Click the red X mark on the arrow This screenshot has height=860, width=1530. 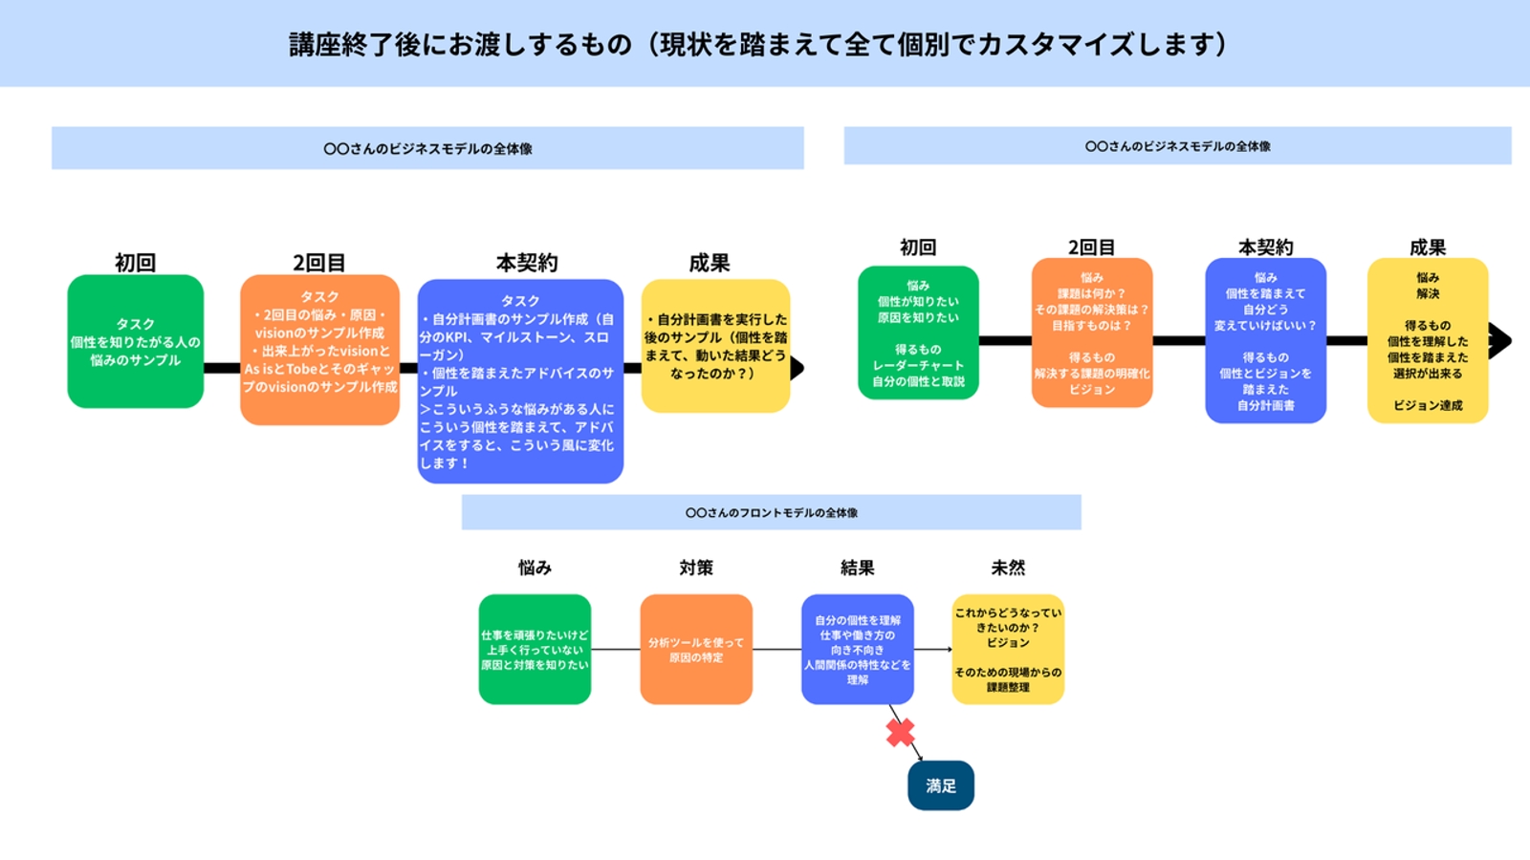click(900, 733)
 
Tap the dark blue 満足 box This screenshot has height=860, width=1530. click(940, 785)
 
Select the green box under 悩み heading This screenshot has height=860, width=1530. click(535, 650)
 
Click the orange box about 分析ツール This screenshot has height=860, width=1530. click(696, 650)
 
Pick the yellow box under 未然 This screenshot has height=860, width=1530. click(1008, 650)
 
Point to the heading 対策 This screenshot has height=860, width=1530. click(696, 568)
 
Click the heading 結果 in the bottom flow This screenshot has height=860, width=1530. click(857, 568)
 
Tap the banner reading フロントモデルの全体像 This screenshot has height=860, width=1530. click(771, 512)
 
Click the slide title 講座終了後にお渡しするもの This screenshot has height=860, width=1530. click(757, 44)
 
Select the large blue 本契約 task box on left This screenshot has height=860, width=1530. click(520, 381)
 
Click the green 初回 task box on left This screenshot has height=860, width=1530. click(135, 342)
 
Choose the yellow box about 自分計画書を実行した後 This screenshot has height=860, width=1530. click(715, 346)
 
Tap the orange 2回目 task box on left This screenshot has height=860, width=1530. click(319, 350)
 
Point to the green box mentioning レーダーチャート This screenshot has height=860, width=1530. click(918, 333)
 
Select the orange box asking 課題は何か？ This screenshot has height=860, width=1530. click(1091, 333)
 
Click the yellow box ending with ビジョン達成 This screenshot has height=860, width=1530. click(1428, 340)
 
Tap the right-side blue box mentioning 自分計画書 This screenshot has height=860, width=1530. click(1265, 340)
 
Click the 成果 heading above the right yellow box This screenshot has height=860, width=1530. click(1427, 247)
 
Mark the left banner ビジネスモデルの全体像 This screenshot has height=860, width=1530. click(427, 148)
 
